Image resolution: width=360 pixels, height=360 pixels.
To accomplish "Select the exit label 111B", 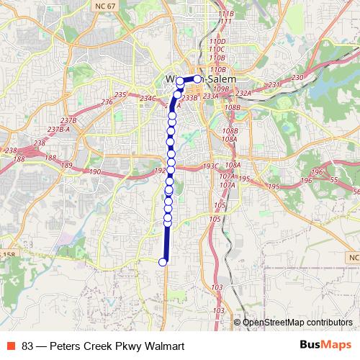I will (x=225, y=14).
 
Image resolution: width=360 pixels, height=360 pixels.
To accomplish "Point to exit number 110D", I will (x=217, y=42).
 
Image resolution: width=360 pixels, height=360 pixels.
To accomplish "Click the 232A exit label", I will (x=243, y=93).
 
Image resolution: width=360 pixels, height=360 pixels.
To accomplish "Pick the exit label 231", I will (x=274, y=85).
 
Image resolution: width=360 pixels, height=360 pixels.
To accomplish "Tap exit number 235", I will (x=120, y=95).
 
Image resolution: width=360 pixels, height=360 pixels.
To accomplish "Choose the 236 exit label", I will (x=107, y=102).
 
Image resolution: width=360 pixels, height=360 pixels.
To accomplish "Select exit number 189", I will (x=67, y=166).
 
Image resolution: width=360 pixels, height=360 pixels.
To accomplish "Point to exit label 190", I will (x=95, y=171).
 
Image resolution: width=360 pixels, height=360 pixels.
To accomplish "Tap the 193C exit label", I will (x=210, y=166).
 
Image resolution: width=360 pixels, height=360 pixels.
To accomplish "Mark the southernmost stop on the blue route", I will (x=163, y=262).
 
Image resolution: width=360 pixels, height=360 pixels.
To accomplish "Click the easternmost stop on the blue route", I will (x=197, y=78).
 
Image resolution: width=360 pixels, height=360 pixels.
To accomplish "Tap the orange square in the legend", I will (x=11, y=346).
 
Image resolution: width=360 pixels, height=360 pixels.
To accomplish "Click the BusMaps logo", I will (x=325, y=346).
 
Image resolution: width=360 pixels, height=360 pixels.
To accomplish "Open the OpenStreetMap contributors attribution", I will (x=297, y=323).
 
